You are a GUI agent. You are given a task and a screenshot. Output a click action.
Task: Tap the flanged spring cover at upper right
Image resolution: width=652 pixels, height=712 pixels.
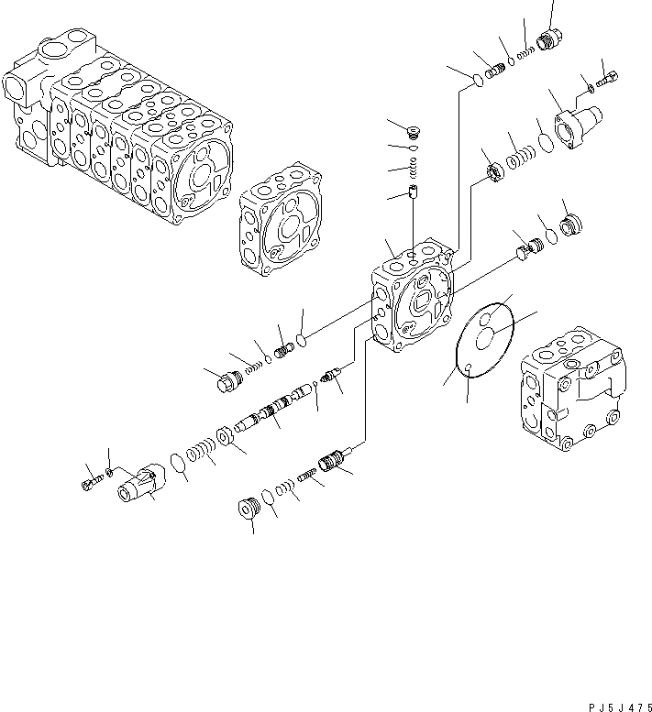point(574,125)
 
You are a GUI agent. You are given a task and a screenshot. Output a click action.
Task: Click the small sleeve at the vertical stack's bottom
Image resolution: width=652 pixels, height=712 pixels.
point(413,193)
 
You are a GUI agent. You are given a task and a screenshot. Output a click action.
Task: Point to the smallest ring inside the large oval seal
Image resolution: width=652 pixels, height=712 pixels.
point(468,368)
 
